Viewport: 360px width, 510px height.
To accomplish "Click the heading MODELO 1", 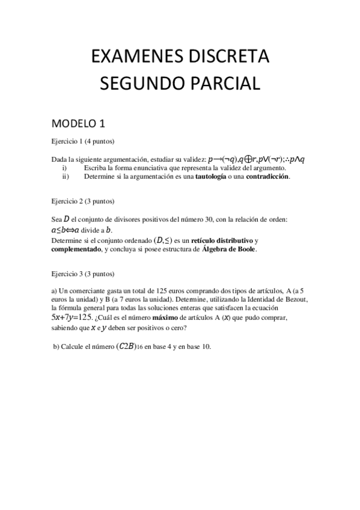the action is point(79,124).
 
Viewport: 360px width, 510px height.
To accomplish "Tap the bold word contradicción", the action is point(267,177).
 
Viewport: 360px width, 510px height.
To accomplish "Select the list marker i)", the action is point(65,168).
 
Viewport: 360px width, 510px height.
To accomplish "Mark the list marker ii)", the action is point(66,177).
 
